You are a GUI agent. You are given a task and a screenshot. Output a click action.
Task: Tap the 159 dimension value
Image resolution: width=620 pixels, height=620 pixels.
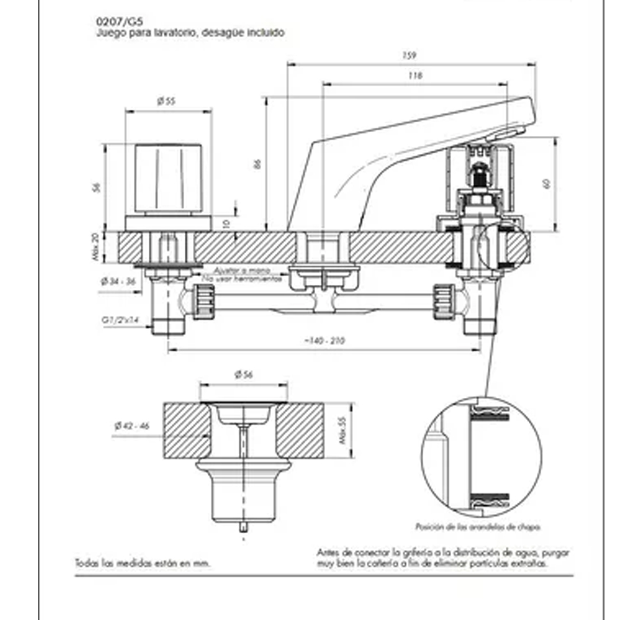coord(409,56)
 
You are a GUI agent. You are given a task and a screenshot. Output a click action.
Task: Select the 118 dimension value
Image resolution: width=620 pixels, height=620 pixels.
coord(415,75)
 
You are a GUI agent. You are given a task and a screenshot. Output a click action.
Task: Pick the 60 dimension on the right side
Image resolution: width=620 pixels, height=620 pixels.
coord(547,184)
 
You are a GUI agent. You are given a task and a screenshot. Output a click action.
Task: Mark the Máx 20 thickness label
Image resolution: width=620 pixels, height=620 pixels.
coord(96,246)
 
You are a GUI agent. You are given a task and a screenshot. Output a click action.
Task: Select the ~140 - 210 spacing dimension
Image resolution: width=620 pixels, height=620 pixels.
coord(324,340)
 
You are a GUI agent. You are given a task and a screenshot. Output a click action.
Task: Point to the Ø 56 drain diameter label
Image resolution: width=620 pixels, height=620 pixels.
coord(243,375)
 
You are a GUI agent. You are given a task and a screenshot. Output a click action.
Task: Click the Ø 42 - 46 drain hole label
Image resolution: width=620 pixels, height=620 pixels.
coord(131,426)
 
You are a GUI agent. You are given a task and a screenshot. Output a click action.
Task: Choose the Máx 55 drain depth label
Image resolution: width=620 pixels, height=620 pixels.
coord(343,431)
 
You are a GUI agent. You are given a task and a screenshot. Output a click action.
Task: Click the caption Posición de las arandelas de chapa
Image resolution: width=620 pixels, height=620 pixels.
coord(478,526)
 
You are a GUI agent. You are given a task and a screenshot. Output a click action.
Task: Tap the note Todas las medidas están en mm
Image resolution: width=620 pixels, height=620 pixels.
coord(142,564)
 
